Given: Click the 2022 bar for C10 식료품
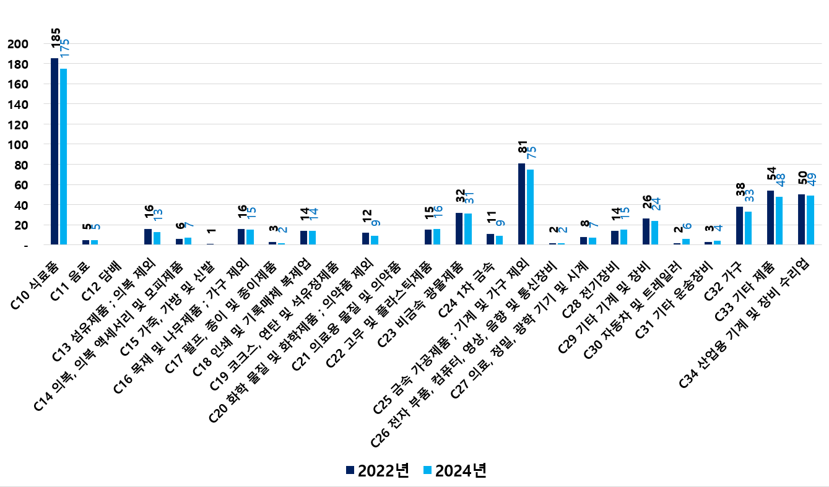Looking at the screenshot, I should coord(54,152).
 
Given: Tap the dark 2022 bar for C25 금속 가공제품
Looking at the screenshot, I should coord(521,204).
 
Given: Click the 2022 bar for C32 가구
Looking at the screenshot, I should coord(739,226).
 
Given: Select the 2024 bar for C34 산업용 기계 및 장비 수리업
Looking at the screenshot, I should coord(810,220).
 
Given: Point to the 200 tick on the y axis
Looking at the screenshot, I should coord(19,44).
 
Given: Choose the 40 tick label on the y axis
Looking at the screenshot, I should coord(22,205).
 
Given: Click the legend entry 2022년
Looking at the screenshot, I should coord(377,470).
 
